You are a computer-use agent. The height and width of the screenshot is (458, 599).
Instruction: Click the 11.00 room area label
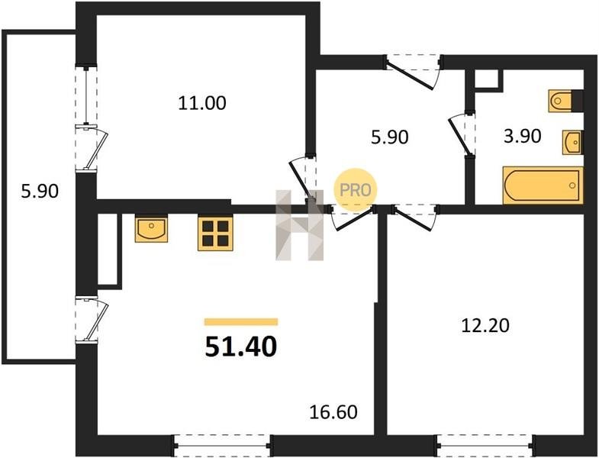click(202, 103)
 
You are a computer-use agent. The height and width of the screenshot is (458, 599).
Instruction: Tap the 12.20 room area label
click(485, 326)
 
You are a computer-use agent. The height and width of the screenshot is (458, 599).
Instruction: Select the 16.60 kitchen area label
click(333, 412)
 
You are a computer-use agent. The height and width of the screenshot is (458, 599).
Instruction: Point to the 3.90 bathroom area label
click(522, 136)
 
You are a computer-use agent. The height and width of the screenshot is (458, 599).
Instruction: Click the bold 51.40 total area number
click(240, 347)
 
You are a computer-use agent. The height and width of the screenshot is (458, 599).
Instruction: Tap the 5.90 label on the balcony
click(40, 191)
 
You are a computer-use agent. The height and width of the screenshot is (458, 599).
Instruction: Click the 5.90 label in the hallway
click(390, 137)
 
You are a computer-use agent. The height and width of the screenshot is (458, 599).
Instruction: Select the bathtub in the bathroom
click(543, 185)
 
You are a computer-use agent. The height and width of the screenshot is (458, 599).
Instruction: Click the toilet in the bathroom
click(565, 101)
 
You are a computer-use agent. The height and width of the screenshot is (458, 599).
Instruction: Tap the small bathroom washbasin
click(572, 142)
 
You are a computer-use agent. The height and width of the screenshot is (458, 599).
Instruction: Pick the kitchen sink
click(151, 228)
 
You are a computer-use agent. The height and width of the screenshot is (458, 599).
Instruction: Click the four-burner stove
click(215, 234)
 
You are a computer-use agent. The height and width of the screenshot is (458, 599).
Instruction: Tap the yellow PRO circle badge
click(356, 190)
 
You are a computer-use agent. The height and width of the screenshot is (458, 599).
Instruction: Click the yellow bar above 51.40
click(241, 322)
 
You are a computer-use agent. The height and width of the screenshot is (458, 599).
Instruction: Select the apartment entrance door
click(414, 72)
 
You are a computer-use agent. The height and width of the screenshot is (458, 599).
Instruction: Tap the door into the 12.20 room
click(415, 217)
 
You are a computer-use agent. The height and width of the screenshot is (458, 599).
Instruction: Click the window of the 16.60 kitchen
click(222, 445)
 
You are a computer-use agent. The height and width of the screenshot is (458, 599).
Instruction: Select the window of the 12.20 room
click(485, 445)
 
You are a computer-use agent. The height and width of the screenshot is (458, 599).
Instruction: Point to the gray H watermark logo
click(299, 225)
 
